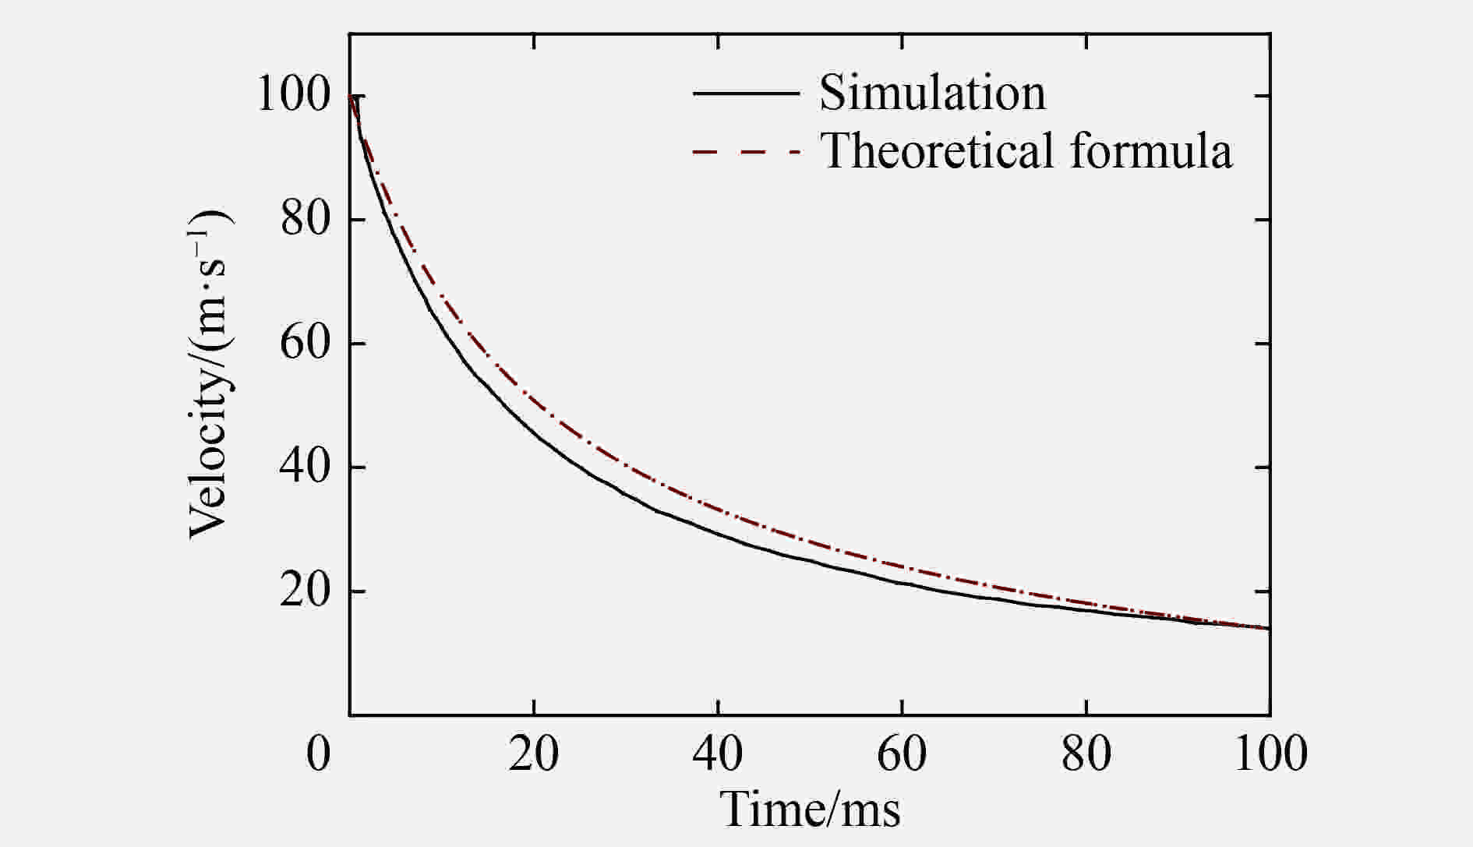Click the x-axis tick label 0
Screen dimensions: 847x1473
coord(319,754)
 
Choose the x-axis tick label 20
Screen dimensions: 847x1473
coord(534,754)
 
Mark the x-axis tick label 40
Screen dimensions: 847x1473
coord(718,754)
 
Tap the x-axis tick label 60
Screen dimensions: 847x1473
coord(902,754)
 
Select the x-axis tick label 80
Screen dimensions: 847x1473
coord(1086,754)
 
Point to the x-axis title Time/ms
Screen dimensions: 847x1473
coord(811,809)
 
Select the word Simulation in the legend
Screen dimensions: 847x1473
coord(932,93)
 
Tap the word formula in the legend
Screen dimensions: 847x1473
coord(1151,150)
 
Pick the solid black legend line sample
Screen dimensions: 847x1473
coord(746,93)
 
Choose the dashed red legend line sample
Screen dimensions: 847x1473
coord(746,151)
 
